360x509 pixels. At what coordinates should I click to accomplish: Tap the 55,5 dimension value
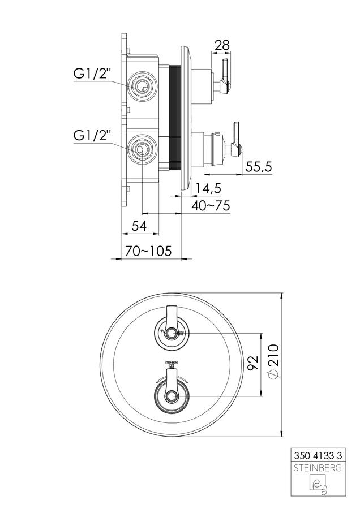pos(259,167)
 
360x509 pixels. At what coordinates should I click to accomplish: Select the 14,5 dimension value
pos(208,188)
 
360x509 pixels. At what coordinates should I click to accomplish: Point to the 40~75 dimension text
pos(211,205)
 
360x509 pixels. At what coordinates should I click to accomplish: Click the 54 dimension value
pos(139,226)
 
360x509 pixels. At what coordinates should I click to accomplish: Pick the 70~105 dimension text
pos(148,251)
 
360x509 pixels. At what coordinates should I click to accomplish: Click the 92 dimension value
pos(252,363)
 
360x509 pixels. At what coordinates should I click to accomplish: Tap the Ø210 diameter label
pos(273,361)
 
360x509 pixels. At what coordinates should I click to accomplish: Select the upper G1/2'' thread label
pos(93,74)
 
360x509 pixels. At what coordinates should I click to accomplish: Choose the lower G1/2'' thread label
pos(93,135)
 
